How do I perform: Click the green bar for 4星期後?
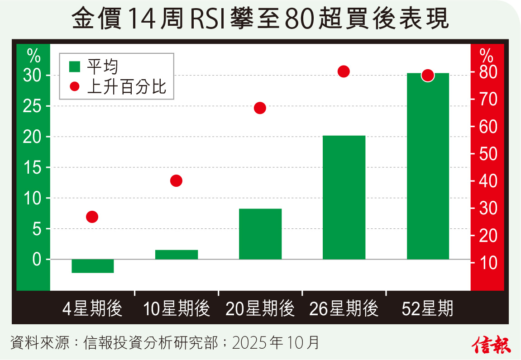tap(92, 266)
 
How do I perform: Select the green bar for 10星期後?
tap(176, 255)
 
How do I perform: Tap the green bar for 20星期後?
tap(260, 234)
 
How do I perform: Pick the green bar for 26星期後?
tap(344, 197)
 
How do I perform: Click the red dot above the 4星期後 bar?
tap(92, 217)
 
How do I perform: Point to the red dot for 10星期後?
tap(176, 181)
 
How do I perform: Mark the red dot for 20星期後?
tap(260, 108)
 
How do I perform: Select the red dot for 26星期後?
tap(344, 71)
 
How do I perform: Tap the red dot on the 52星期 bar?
tap(428, 76)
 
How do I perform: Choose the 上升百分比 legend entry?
tap(120, 86)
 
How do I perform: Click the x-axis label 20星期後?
tap(260, 309)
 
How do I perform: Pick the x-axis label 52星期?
tap(427, 309)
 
